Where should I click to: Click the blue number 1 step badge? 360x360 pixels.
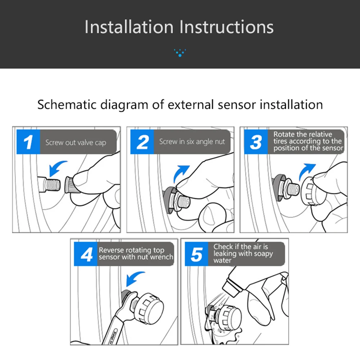[28, 142]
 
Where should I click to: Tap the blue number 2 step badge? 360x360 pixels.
[142, 142]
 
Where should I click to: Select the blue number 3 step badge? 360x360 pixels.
[256, 142]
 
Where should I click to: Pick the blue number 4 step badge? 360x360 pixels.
[86, 254]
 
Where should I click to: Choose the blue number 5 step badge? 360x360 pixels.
[197, 254]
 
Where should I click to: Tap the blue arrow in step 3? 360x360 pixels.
[306, 172]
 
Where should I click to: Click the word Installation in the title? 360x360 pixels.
[129, 27]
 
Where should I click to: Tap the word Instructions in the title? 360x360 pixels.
[226, 27]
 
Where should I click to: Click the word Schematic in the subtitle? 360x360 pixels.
[67, 105]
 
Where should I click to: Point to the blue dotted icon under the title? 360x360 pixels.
[180, 53]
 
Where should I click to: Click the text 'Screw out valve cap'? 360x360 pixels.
[76, 143]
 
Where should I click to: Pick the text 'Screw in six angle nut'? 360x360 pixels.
[192, 141]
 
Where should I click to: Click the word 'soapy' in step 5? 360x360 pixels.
[262, 254]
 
